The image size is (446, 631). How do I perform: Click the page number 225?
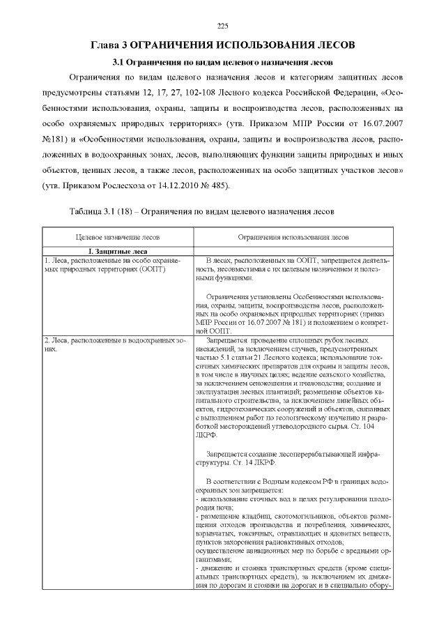coord(223,26)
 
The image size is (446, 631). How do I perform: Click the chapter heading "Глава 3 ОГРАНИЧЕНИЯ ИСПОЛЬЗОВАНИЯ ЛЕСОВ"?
coord(223,45)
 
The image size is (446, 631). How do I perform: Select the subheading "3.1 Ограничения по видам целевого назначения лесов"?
coord(223,62)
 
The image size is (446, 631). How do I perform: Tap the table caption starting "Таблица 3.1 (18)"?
coord(203,211)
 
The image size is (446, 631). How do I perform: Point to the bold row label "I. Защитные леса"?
coord(116,251)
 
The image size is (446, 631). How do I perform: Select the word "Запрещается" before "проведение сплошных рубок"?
coord(223,340)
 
